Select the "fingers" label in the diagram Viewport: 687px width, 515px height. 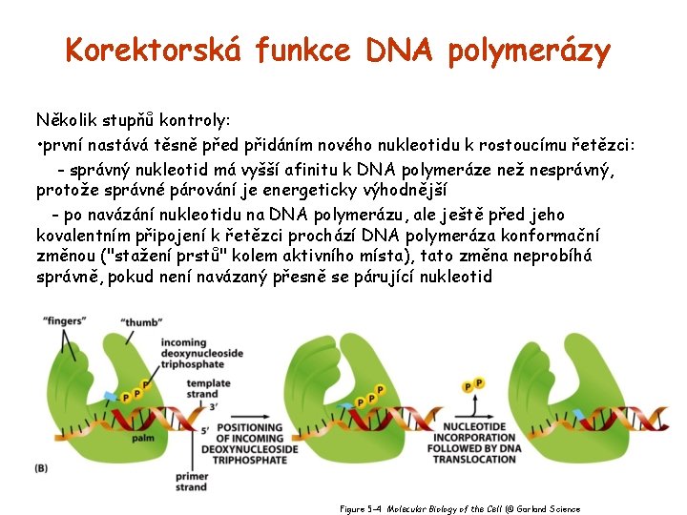click(64, 321)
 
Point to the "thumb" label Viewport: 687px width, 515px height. click(142, 322)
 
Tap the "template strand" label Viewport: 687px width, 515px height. click(208, 389)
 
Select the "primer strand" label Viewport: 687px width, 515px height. click(191, 482)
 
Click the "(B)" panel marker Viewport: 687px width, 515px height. click(42, 467)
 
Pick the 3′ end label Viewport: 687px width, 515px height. click(213, 406)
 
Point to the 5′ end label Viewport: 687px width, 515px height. click(207, 430)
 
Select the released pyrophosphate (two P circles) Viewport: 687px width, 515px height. click(472, 384)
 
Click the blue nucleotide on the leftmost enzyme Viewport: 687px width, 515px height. click(111, 395)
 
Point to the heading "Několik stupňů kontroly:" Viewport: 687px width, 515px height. click(133, 121)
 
